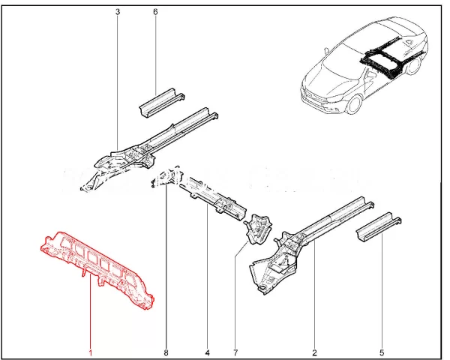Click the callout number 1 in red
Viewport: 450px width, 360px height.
(91, 352)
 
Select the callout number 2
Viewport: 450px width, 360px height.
(314, 352)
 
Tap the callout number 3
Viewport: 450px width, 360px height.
(118, 12)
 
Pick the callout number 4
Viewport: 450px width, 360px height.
(208, 352)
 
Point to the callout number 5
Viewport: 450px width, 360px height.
(382, 352)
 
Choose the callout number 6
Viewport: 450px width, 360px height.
(155, 12)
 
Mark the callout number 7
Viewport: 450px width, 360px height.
(235, 352)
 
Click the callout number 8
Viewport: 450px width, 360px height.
(166, 352)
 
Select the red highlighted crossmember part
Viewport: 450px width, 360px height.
(97, 268)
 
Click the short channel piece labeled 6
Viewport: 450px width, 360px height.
(161, 102)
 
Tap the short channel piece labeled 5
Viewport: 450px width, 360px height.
(378, 226)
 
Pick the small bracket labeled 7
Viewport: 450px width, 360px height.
(258, 228)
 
